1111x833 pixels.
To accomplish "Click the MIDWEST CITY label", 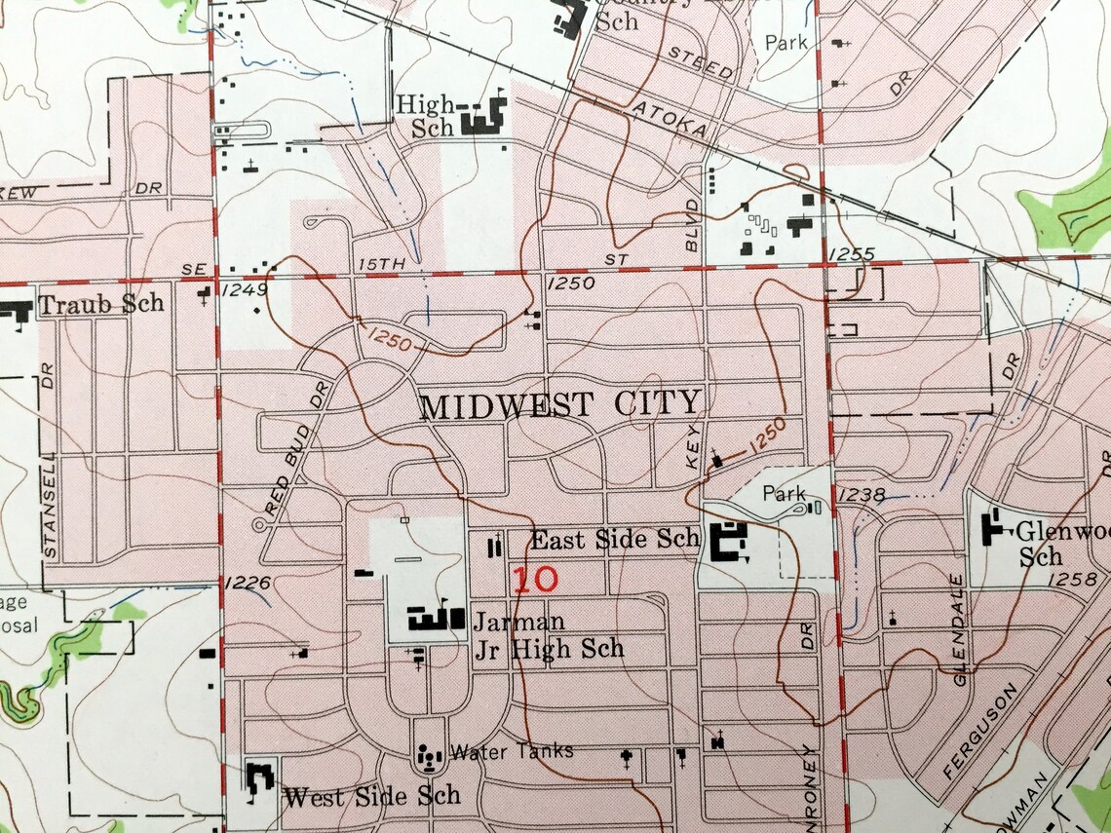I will (560, 403).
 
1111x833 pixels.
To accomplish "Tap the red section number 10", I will (535, 580).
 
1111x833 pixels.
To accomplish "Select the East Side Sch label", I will (615, 539).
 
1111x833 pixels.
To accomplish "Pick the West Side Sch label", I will (371, 796).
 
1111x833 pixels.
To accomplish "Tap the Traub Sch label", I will (101, 304).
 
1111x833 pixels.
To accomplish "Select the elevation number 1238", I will (862, 496).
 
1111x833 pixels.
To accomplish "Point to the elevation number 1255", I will (851, 254).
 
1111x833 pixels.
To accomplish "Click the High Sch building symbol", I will (482, 120).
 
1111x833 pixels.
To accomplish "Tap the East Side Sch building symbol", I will (728, 542).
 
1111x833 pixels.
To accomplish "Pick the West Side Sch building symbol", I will (260, 781).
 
